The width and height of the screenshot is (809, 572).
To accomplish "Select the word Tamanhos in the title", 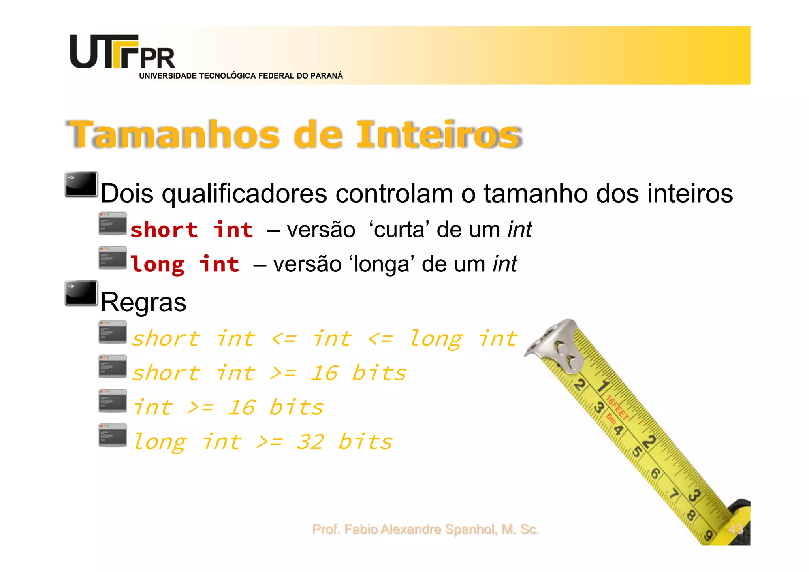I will point(174,135).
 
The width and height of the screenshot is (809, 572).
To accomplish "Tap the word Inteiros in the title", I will point(438,135).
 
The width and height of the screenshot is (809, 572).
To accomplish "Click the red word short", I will point(164,230).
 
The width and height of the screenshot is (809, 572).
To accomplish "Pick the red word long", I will point(157,264).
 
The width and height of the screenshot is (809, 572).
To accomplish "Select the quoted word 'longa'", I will point(382,264).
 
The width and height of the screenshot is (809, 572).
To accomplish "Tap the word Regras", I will point(143,303).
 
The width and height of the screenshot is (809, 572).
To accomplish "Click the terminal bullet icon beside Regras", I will point(81,293).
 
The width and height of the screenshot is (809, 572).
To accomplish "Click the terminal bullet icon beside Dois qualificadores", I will point(81,184).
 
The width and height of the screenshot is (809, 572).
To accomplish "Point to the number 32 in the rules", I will point(310,442).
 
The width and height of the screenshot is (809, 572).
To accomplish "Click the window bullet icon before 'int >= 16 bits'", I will point(113,401).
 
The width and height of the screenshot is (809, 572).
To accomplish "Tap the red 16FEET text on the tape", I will point(617,407).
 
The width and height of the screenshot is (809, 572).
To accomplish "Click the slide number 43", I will point(736,529).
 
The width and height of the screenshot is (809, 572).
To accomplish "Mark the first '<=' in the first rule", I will point(284,339).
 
